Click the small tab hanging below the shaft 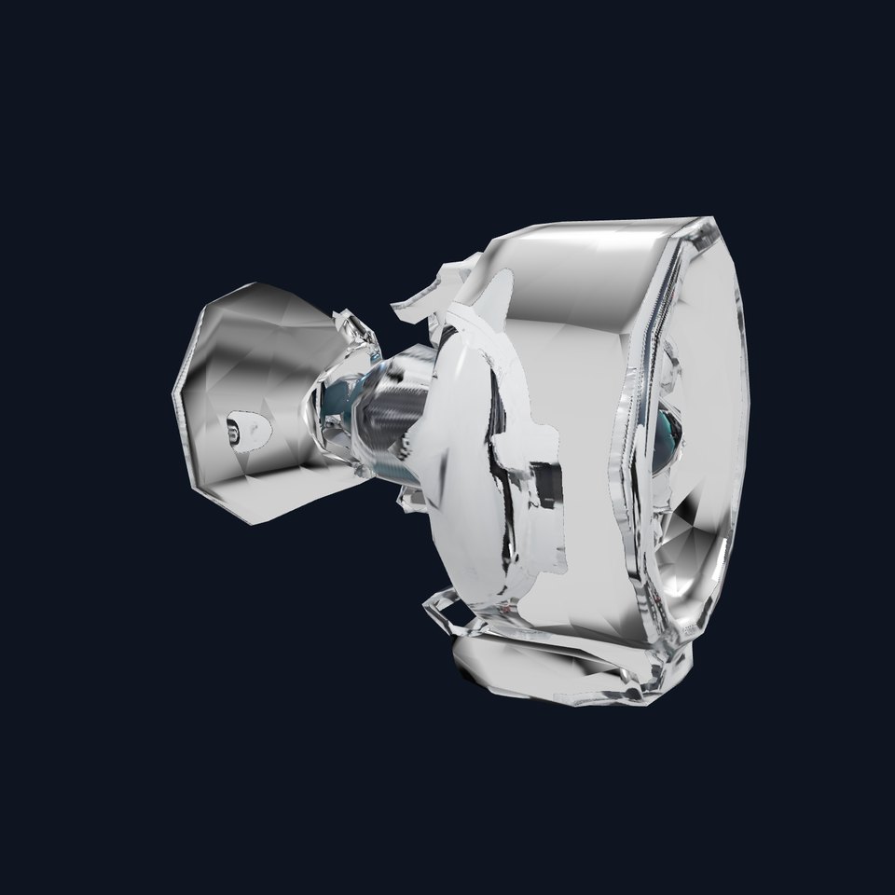click(x=410, y=499)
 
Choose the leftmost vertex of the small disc click(x=173, y=397)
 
